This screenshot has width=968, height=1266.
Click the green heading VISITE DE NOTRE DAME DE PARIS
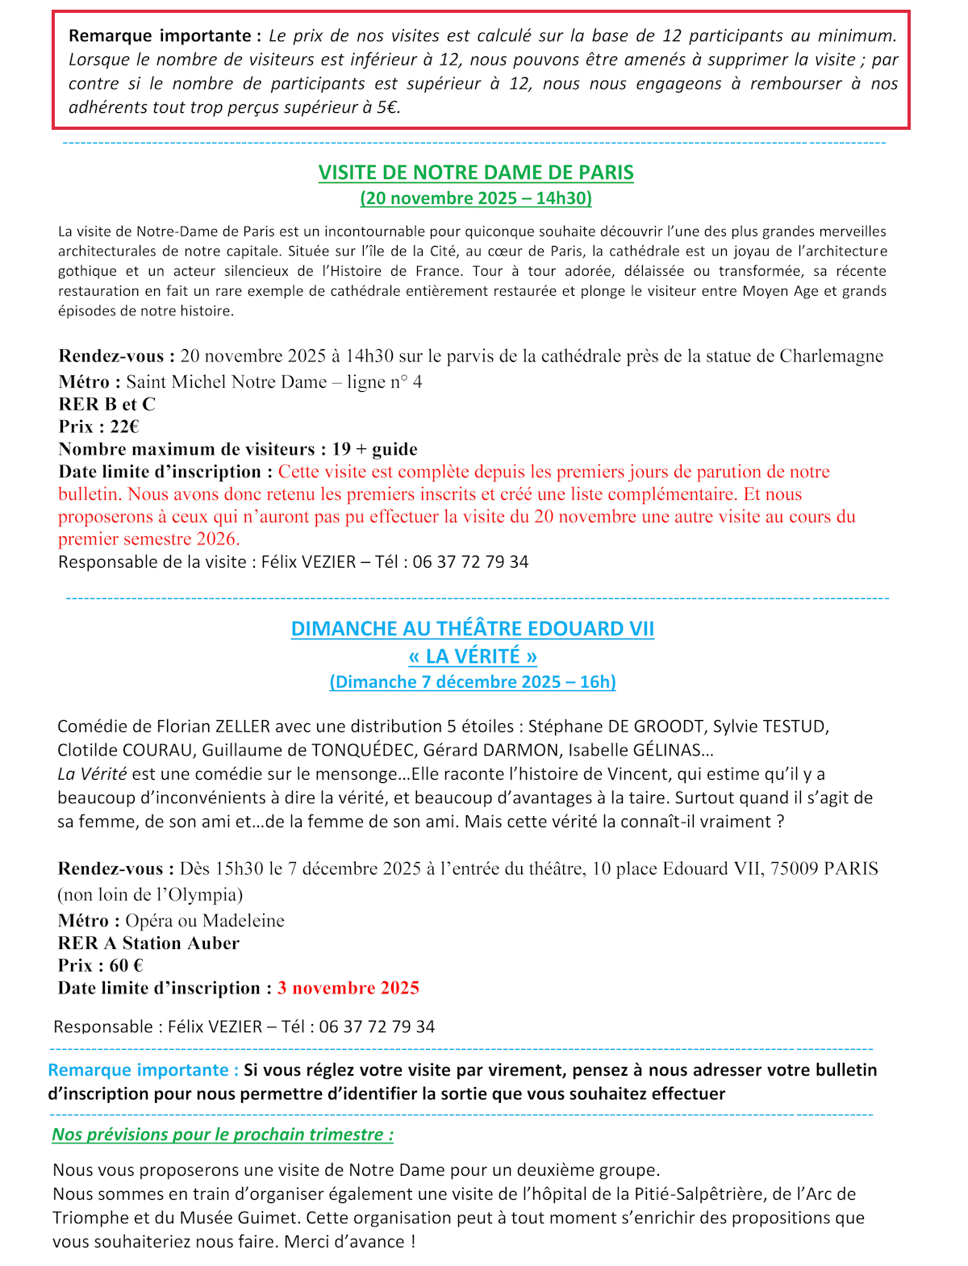(x=476, y=173)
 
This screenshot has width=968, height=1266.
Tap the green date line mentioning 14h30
(x=476, y=198)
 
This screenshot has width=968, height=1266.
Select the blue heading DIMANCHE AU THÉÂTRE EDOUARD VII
(x=472, y=629)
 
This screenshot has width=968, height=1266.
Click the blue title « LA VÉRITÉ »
(x=472, y=656)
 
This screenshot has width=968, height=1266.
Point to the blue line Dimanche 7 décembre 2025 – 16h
(x=472, y=682)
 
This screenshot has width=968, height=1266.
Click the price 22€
(x=124, y=427)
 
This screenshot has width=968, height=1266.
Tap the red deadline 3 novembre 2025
(x=348, y=988)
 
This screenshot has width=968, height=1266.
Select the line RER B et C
(x=106, y=404)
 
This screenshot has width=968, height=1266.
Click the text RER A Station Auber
(x=148, y=943)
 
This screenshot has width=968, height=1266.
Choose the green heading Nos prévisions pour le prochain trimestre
(x=223, y=1135)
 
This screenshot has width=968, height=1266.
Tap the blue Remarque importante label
(x=143, y=1070)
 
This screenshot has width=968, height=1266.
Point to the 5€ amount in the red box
(x=387, y=107)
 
